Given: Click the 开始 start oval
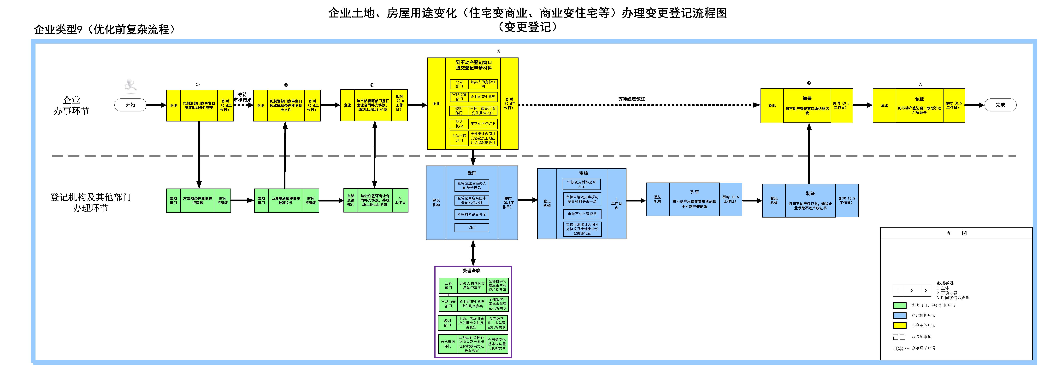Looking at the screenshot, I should point(130,105).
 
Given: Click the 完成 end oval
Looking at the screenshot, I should point(1000,105).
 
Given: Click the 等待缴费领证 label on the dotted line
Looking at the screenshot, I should point(632,99).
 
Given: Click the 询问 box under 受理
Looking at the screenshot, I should point(472,227).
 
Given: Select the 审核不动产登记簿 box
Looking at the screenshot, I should point(582,214).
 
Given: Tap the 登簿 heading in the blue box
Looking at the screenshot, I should point(694,192).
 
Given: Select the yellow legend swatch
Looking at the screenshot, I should point(899,325).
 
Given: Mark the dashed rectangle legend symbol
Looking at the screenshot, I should point(899,337).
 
